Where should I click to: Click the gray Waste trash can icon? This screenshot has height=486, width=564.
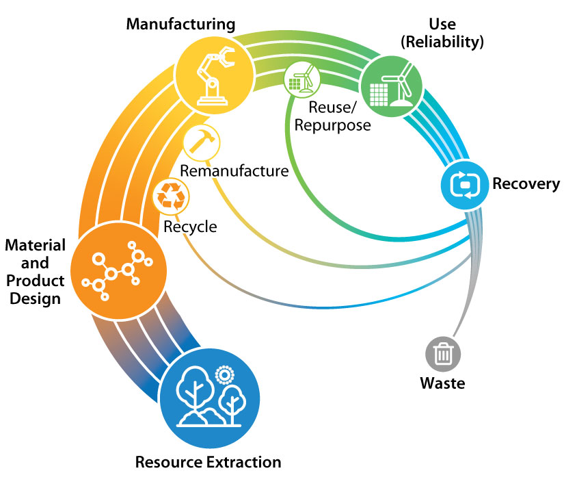[x=443, y=353]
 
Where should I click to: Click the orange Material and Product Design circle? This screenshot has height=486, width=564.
[x=120, y=268]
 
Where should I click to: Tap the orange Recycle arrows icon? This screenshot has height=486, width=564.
[x=170, y=196]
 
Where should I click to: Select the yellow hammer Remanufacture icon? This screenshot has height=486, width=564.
[x=202, y=143]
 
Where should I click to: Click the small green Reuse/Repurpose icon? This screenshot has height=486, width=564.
[x=301, y=80]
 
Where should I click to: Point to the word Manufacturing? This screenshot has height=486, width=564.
[x=180, y=25]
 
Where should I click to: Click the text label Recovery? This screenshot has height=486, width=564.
[x=526, y=184]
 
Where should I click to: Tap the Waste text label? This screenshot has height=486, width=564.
[x=442, y=383]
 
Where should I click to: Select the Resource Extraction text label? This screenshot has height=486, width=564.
[x=208, y=462]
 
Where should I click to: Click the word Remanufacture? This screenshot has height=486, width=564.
[x=234, y=170]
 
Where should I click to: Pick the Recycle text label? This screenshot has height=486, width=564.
[x=189, y=227]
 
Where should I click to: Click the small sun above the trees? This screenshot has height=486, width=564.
[x=222, y=374]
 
